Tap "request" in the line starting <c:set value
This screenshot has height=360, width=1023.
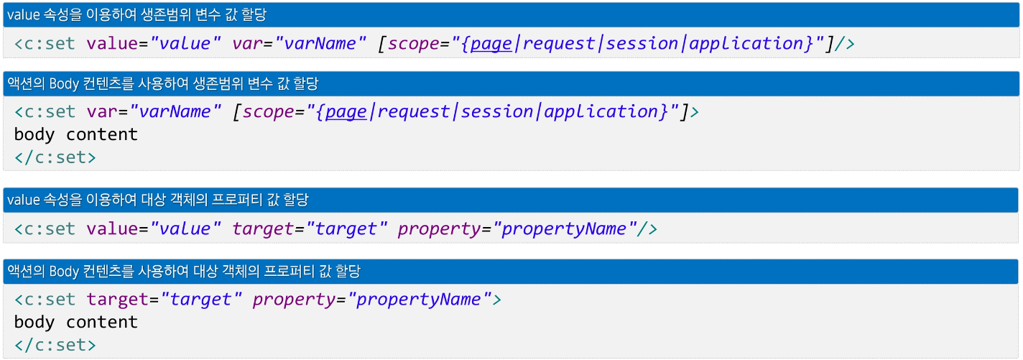pyautogui.click(x=560, y=43)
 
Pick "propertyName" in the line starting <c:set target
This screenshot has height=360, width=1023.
pyautogui.click(x=420, y=299)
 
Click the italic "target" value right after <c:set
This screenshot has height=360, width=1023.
pyautogui.click(x=200, y=299)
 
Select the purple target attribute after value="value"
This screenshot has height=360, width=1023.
pyautogui.click(x=264, y=229)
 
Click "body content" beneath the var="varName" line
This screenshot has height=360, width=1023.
pyautogui.click(x=75, y=134)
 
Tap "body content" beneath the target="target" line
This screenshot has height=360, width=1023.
pyautogui.click(x=75, y=321)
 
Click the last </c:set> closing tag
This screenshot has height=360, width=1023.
pyautogui.click(x=55, y=344)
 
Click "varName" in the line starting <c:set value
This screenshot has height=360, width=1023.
pyautogui.click(x=320, y=43)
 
